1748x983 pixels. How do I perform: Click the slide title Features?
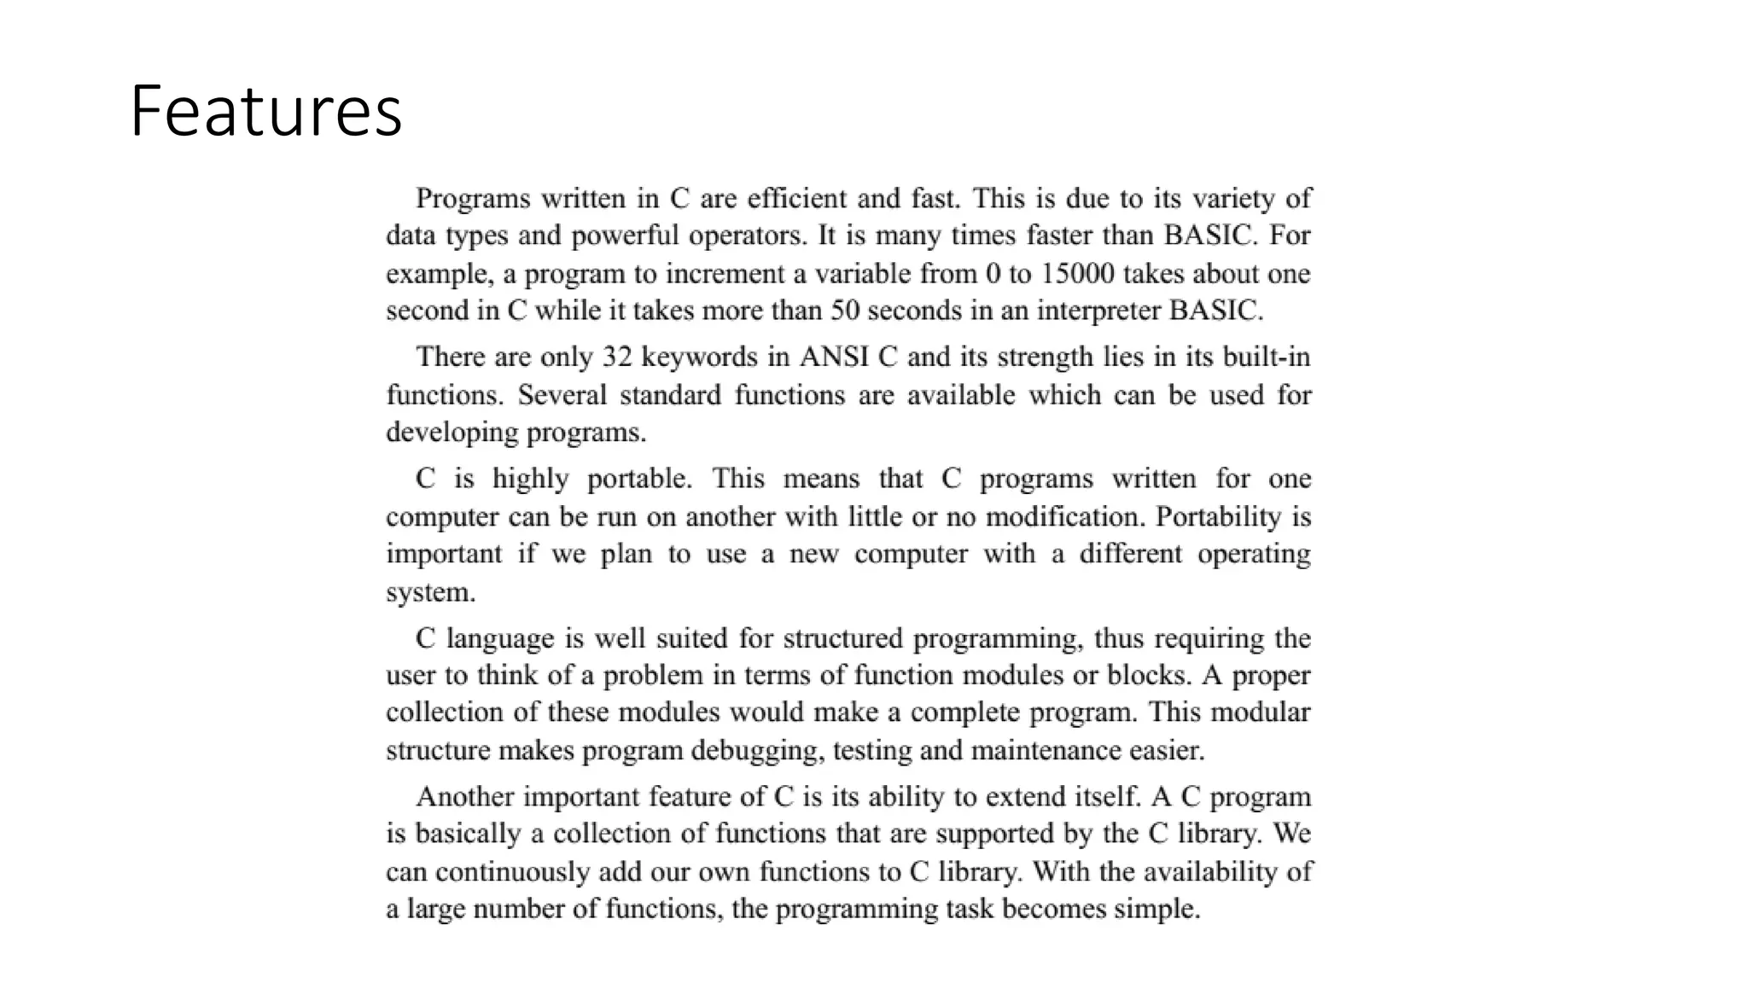pos(265,111)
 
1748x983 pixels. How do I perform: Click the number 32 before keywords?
pos(617,357)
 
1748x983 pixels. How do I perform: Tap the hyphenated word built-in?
pos(1267,357)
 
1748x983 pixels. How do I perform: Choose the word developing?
pos(452,433)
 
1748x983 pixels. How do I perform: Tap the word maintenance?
pos(1046,751)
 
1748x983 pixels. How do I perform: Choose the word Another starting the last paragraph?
pos(464,797)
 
